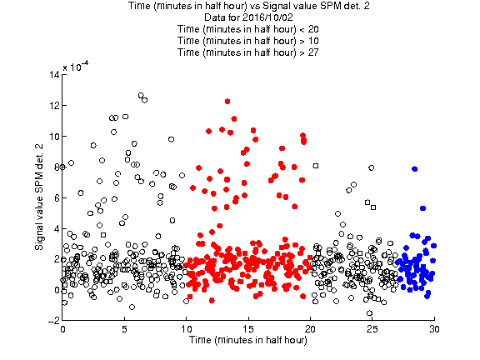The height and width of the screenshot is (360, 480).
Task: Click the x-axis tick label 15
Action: (248, 329)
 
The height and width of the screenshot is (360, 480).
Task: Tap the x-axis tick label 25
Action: (372, 329)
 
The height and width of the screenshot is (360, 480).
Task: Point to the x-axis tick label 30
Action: (434, 329)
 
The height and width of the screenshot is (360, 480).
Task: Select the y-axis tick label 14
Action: (54, 75)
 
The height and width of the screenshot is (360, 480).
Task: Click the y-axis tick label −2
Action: (54, 321)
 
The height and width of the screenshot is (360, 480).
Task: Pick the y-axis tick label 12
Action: (54, 105)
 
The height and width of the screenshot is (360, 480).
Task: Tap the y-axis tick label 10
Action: (54, 136)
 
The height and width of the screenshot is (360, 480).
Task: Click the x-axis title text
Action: (248, 340)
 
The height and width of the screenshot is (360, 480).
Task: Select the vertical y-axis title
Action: (39, 197)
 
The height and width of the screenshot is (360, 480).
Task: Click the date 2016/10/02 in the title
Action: (265, 17)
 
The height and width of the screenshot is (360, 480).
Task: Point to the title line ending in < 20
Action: (248, 29)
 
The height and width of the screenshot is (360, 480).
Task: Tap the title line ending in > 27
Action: (248, 52)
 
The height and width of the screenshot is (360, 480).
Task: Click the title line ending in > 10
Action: (248, 41)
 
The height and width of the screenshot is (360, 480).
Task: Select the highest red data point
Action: (227, 102)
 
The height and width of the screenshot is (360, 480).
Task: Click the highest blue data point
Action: (415, 169)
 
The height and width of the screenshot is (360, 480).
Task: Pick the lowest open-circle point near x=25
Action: (369, 313)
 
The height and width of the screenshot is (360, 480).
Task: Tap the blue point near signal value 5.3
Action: (423, 208)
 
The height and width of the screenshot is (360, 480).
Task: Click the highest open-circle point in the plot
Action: (141, 96)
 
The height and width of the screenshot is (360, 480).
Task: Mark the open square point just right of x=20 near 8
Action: (316, 166)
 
